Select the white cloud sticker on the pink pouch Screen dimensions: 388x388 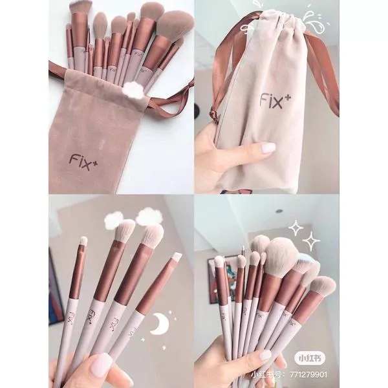coord(135,90)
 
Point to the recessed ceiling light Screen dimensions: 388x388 coord(279,211)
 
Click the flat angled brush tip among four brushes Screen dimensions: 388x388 coord(177,257)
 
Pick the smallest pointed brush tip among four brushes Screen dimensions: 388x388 coord(83,241)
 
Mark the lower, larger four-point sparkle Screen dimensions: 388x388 coord(310,241)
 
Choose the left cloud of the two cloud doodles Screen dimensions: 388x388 coord(114,219)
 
